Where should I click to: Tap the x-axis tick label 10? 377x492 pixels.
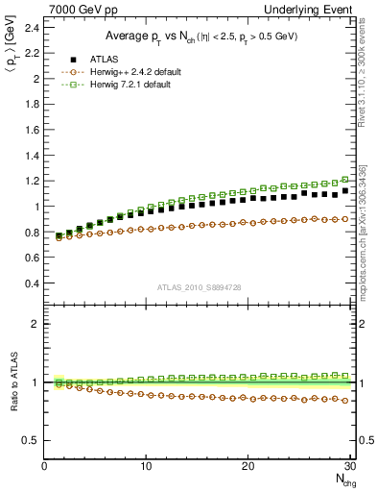tap(146, 466)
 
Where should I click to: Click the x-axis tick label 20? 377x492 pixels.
tap(247, 466)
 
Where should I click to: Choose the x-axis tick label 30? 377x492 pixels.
tap(349, 466)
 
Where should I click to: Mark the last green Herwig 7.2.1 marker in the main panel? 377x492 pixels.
tap(345, 180)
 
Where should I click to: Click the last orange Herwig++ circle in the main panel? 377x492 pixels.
tap(345, 219)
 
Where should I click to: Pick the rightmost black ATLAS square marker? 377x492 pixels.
tap(345, 191)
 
